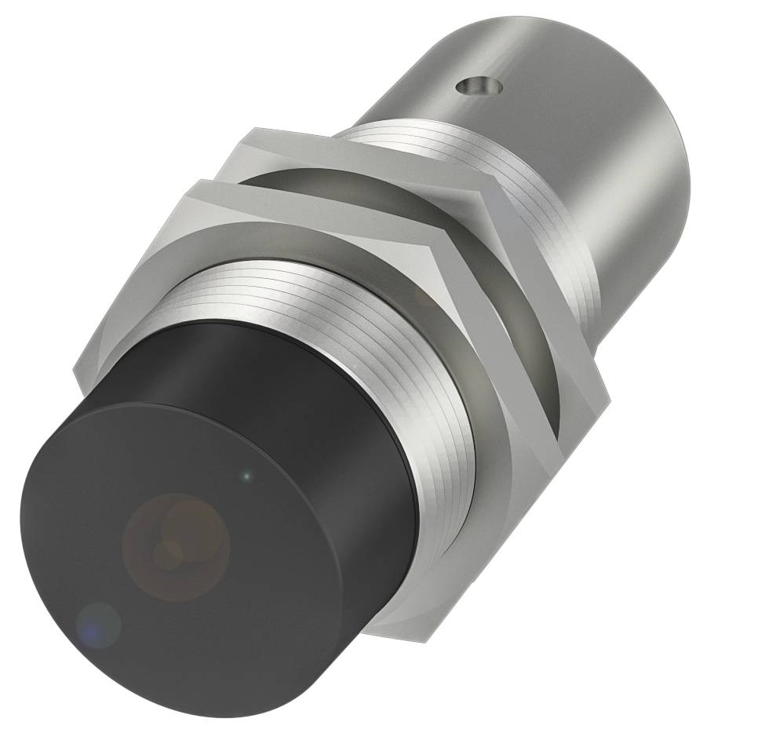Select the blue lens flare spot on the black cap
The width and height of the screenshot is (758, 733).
(97, 625)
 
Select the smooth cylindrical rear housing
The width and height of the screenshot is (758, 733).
(596, 157)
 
